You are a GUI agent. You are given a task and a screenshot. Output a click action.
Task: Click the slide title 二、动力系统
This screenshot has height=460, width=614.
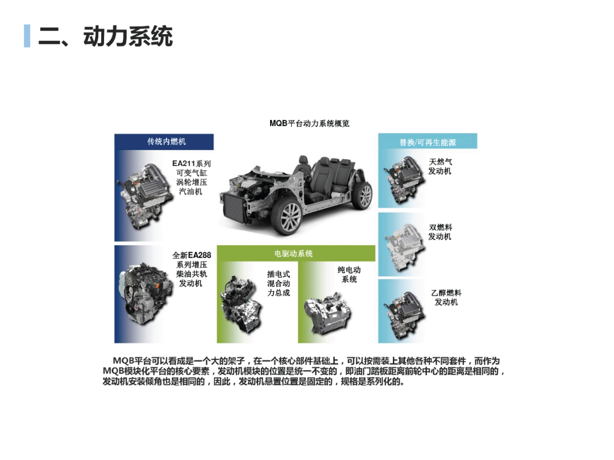click(x=105, y=36)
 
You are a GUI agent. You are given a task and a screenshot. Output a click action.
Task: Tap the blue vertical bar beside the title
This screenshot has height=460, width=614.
click(x=27, y=36)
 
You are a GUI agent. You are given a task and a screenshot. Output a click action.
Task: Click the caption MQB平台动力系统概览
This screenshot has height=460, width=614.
click(x=309, y=123)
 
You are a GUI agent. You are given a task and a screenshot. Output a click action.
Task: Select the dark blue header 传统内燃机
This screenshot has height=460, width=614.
click(x=164, y=142)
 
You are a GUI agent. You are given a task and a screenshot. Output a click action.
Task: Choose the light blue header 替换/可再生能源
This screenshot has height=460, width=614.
click(x=428, y=142)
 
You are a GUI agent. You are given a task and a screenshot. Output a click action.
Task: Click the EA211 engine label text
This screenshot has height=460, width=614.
click(x=192, y=177)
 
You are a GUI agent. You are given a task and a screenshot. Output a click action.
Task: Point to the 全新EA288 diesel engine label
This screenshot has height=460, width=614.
click(x=192, y=269)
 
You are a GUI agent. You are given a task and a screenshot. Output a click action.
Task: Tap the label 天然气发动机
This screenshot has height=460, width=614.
click(x=440, y=167)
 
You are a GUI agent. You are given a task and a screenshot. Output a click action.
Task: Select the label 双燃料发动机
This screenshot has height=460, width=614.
click(x=440, y=232)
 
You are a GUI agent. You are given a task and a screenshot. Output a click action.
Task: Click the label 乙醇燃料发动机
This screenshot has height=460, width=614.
click(x=446, y=297)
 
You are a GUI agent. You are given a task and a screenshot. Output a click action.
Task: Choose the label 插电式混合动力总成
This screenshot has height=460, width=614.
click(x=279, y=283)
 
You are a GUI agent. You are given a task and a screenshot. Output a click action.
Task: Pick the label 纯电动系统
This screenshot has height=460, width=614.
click(x=349, y=274)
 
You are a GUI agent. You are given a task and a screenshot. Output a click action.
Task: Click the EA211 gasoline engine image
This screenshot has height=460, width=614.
click(x=145, y=196)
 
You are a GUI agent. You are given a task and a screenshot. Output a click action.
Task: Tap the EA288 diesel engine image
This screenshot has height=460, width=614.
click(x=146, y=293)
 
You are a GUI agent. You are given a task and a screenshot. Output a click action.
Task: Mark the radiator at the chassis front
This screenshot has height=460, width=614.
click(x=234, y=209)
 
